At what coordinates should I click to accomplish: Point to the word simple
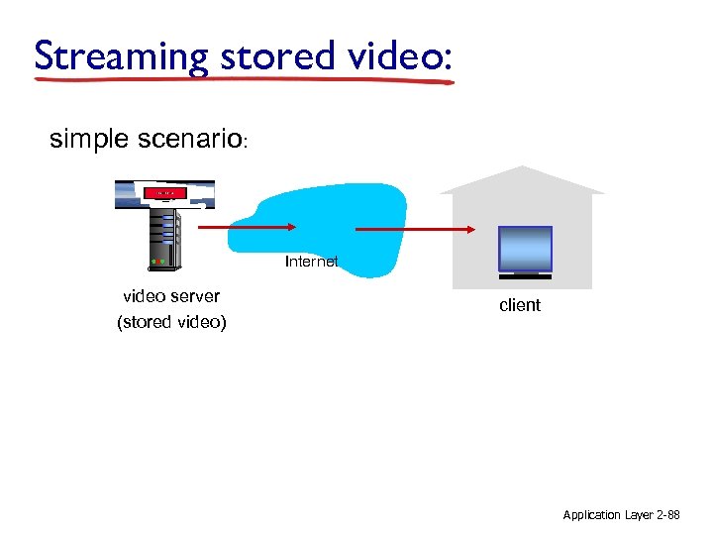90,140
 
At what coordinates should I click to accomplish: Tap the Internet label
311,263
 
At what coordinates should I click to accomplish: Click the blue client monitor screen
525,249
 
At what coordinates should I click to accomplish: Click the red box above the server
163,191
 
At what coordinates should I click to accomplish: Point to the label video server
171,296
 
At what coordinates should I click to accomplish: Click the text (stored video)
171,322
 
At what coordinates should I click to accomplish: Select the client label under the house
520,305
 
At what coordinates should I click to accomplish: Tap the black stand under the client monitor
525,274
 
